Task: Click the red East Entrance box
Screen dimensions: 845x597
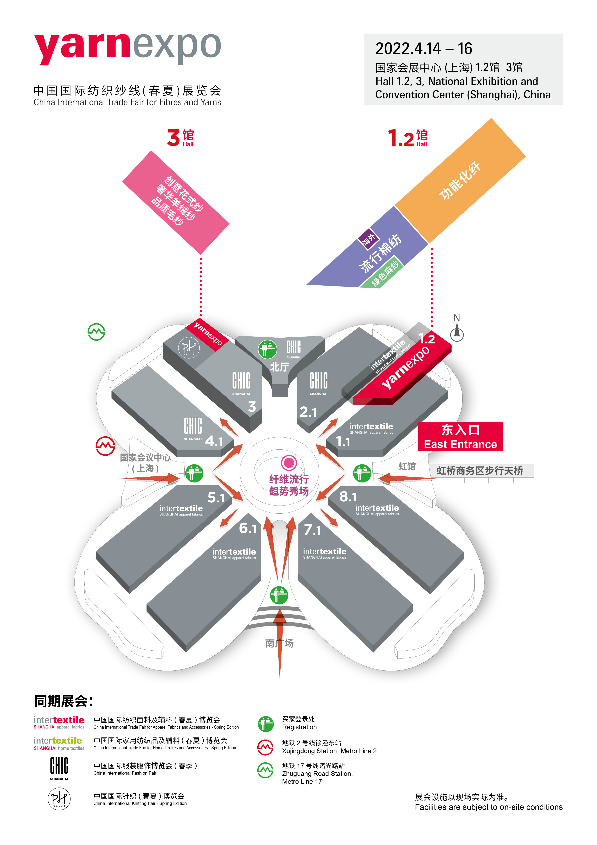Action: point(460,437)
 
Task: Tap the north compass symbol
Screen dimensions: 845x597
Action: point(457,332)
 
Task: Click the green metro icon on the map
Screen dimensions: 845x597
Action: point(96,332)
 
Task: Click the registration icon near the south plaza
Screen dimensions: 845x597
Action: point(279,595)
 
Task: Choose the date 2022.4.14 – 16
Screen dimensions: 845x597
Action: point(423,49)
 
